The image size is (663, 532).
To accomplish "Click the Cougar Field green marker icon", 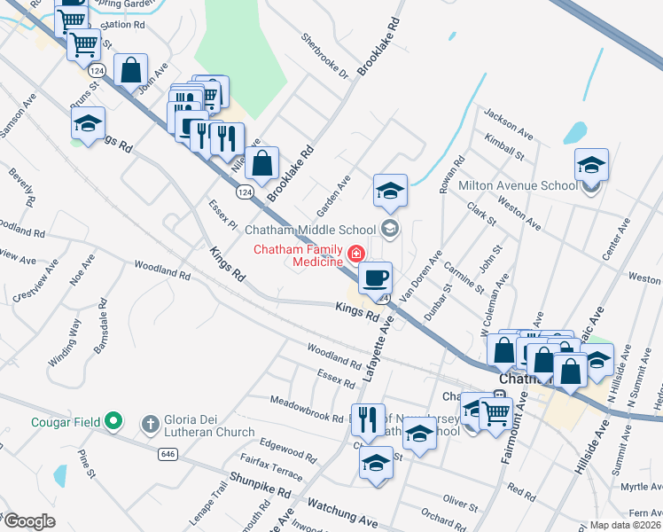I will point(113,420).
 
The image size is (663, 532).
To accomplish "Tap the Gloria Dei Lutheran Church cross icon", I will point(150,424).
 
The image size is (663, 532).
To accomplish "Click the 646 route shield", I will point(168,454).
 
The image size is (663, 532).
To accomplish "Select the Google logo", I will point(30,521).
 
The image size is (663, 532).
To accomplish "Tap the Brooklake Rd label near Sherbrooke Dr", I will point(379,45).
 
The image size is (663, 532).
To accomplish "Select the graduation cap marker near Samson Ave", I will point(88,124).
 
